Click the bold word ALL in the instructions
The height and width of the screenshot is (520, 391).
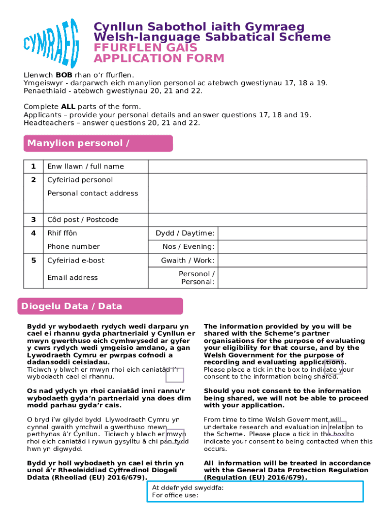tap(68, 106)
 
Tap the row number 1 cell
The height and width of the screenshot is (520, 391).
tap(34, 167)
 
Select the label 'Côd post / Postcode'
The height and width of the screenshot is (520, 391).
tap(83, 220)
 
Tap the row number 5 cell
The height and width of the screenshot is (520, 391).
tap(34, 261)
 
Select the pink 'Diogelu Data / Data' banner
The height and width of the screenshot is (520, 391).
tap(100, 306)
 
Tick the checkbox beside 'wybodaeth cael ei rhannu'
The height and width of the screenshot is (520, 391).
tap(175, 375)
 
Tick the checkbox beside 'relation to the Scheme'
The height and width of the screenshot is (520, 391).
tap(337, 429)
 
